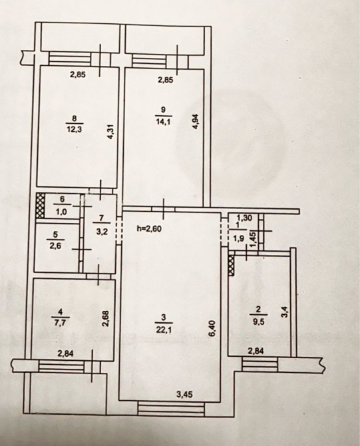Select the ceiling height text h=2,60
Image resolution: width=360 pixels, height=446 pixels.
coord(150,229)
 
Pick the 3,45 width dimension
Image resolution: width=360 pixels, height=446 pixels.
coord(185,395)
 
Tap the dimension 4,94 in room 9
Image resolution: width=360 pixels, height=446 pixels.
coord(196,122)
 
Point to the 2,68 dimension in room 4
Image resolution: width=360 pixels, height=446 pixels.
coord(105,318)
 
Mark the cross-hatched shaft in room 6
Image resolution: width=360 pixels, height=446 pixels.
coord(41,206)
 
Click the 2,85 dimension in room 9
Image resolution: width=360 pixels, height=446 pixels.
coord(165,80)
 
